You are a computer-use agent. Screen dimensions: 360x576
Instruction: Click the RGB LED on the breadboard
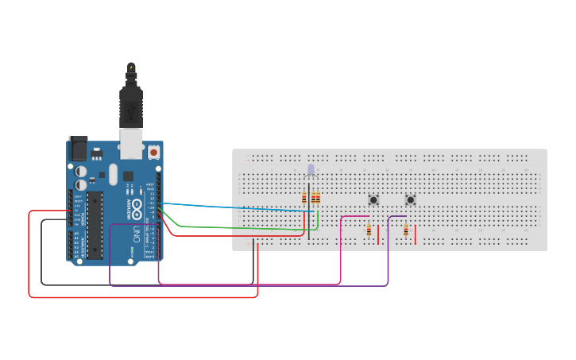point(311,169)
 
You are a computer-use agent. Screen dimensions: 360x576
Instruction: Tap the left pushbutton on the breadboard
point(373,199)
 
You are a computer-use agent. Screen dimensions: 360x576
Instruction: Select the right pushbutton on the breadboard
point(410,199)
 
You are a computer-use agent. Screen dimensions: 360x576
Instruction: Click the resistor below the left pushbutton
point(369,230)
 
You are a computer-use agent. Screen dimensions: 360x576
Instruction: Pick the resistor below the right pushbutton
point(406,230)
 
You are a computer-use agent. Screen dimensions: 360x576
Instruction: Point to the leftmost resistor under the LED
point(303,198)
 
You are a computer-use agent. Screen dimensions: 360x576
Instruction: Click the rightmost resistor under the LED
point(318,198)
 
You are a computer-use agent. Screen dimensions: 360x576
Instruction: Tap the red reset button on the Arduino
point(153,151)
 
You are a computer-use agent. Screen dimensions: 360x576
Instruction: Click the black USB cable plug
point(131,103)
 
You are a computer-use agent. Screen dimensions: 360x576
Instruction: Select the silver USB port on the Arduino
point(131,143)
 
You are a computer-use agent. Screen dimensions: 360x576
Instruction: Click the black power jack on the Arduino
point(79,149)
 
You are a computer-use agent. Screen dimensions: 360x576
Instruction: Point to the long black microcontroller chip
point(95,225)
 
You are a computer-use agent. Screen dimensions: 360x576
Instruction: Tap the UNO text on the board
point(136,235)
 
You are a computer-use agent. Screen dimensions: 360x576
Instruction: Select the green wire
point(238,228)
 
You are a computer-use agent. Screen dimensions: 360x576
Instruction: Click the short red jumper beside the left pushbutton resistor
point(378,234)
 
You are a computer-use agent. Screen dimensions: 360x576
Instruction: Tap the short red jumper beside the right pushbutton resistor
point(416,234)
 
